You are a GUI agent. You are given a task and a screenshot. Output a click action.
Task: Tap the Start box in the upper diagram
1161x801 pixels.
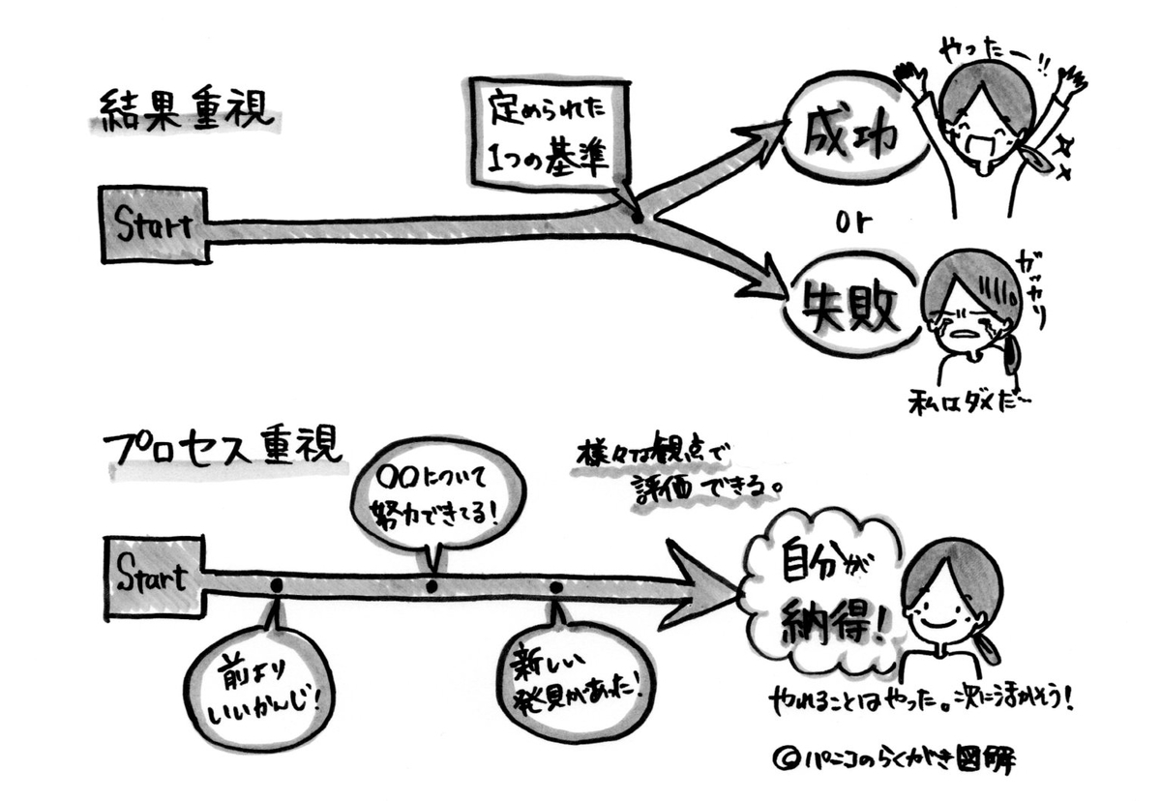pyautogui.click(x=154, y=224)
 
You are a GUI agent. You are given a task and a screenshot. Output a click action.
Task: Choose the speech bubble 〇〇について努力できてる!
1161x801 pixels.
pyautogui.click(x=437, y=495)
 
